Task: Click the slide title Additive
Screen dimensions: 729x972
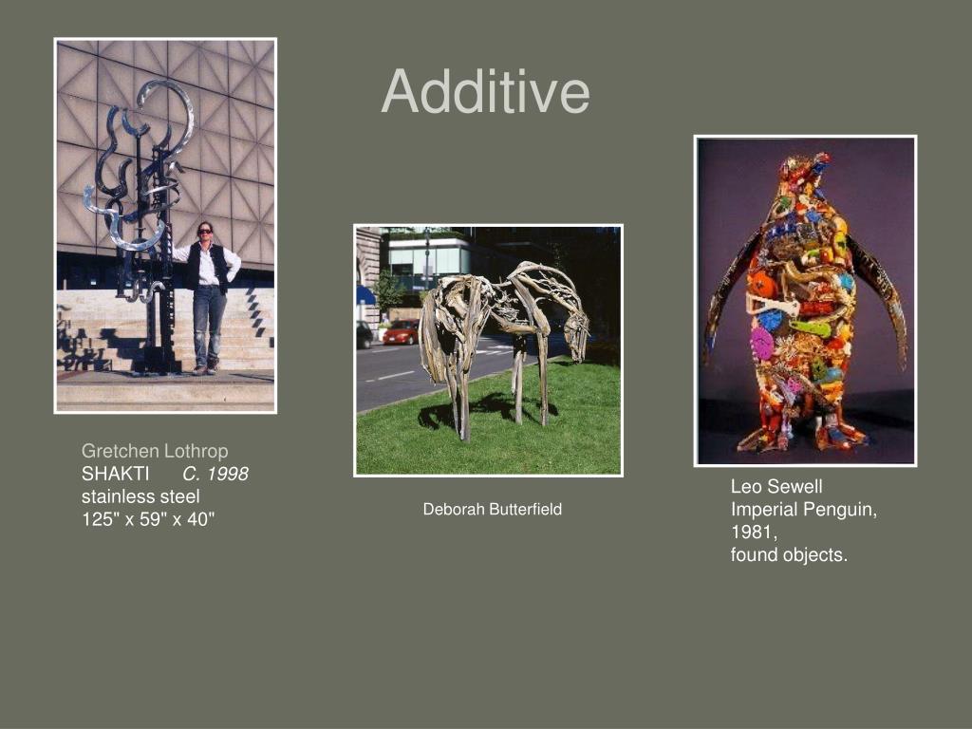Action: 485,92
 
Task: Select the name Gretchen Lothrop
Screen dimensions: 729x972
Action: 155,451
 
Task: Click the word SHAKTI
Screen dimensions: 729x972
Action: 116,474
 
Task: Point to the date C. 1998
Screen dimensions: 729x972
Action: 215,474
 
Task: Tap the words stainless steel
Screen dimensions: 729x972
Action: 140,496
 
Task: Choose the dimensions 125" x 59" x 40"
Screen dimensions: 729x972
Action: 148,519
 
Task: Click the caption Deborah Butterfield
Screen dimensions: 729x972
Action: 492,510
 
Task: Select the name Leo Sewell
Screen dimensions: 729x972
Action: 776,487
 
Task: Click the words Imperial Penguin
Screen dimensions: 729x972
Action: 802,510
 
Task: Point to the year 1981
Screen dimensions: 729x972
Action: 754,533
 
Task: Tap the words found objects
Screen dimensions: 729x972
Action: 788,555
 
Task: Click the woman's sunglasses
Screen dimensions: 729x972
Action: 205,232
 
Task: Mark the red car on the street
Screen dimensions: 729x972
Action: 402,331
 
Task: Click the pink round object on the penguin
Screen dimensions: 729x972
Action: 761,343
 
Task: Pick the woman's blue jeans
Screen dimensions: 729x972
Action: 208,323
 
